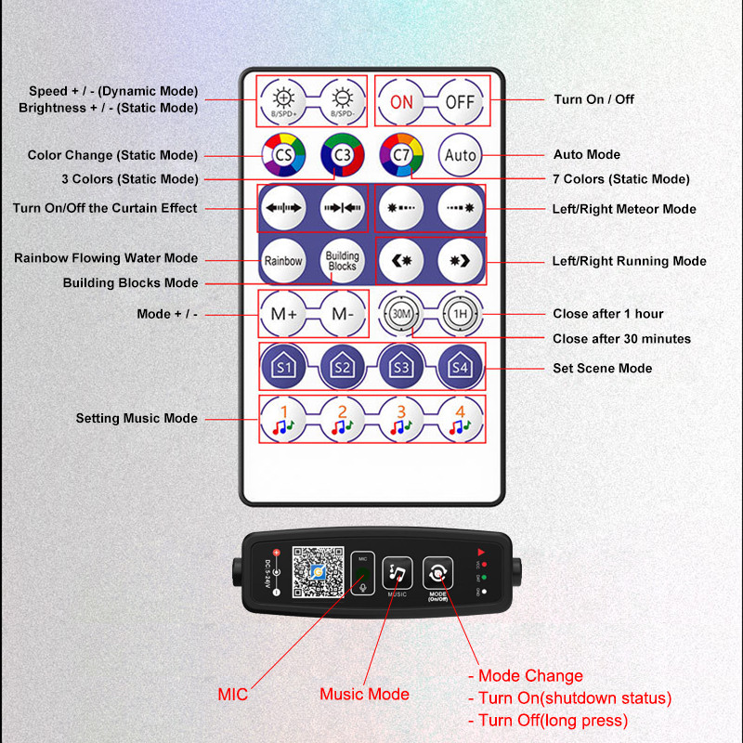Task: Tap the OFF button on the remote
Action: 459,102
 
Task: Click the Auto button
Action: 461,155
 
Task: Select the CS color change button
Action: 281,155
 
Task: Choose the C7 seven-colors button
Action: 401,155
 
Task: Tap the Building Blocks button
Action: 342,261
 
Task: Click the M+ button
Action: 283,314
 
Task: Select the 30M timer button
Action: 401,314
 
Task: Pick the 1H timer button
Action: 460,314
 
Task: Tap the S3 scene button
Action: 401,367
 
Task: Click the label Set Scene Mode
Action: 602,369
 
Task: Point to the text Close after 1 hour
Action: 607,314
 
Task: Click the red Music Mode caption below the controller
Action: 364,694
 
